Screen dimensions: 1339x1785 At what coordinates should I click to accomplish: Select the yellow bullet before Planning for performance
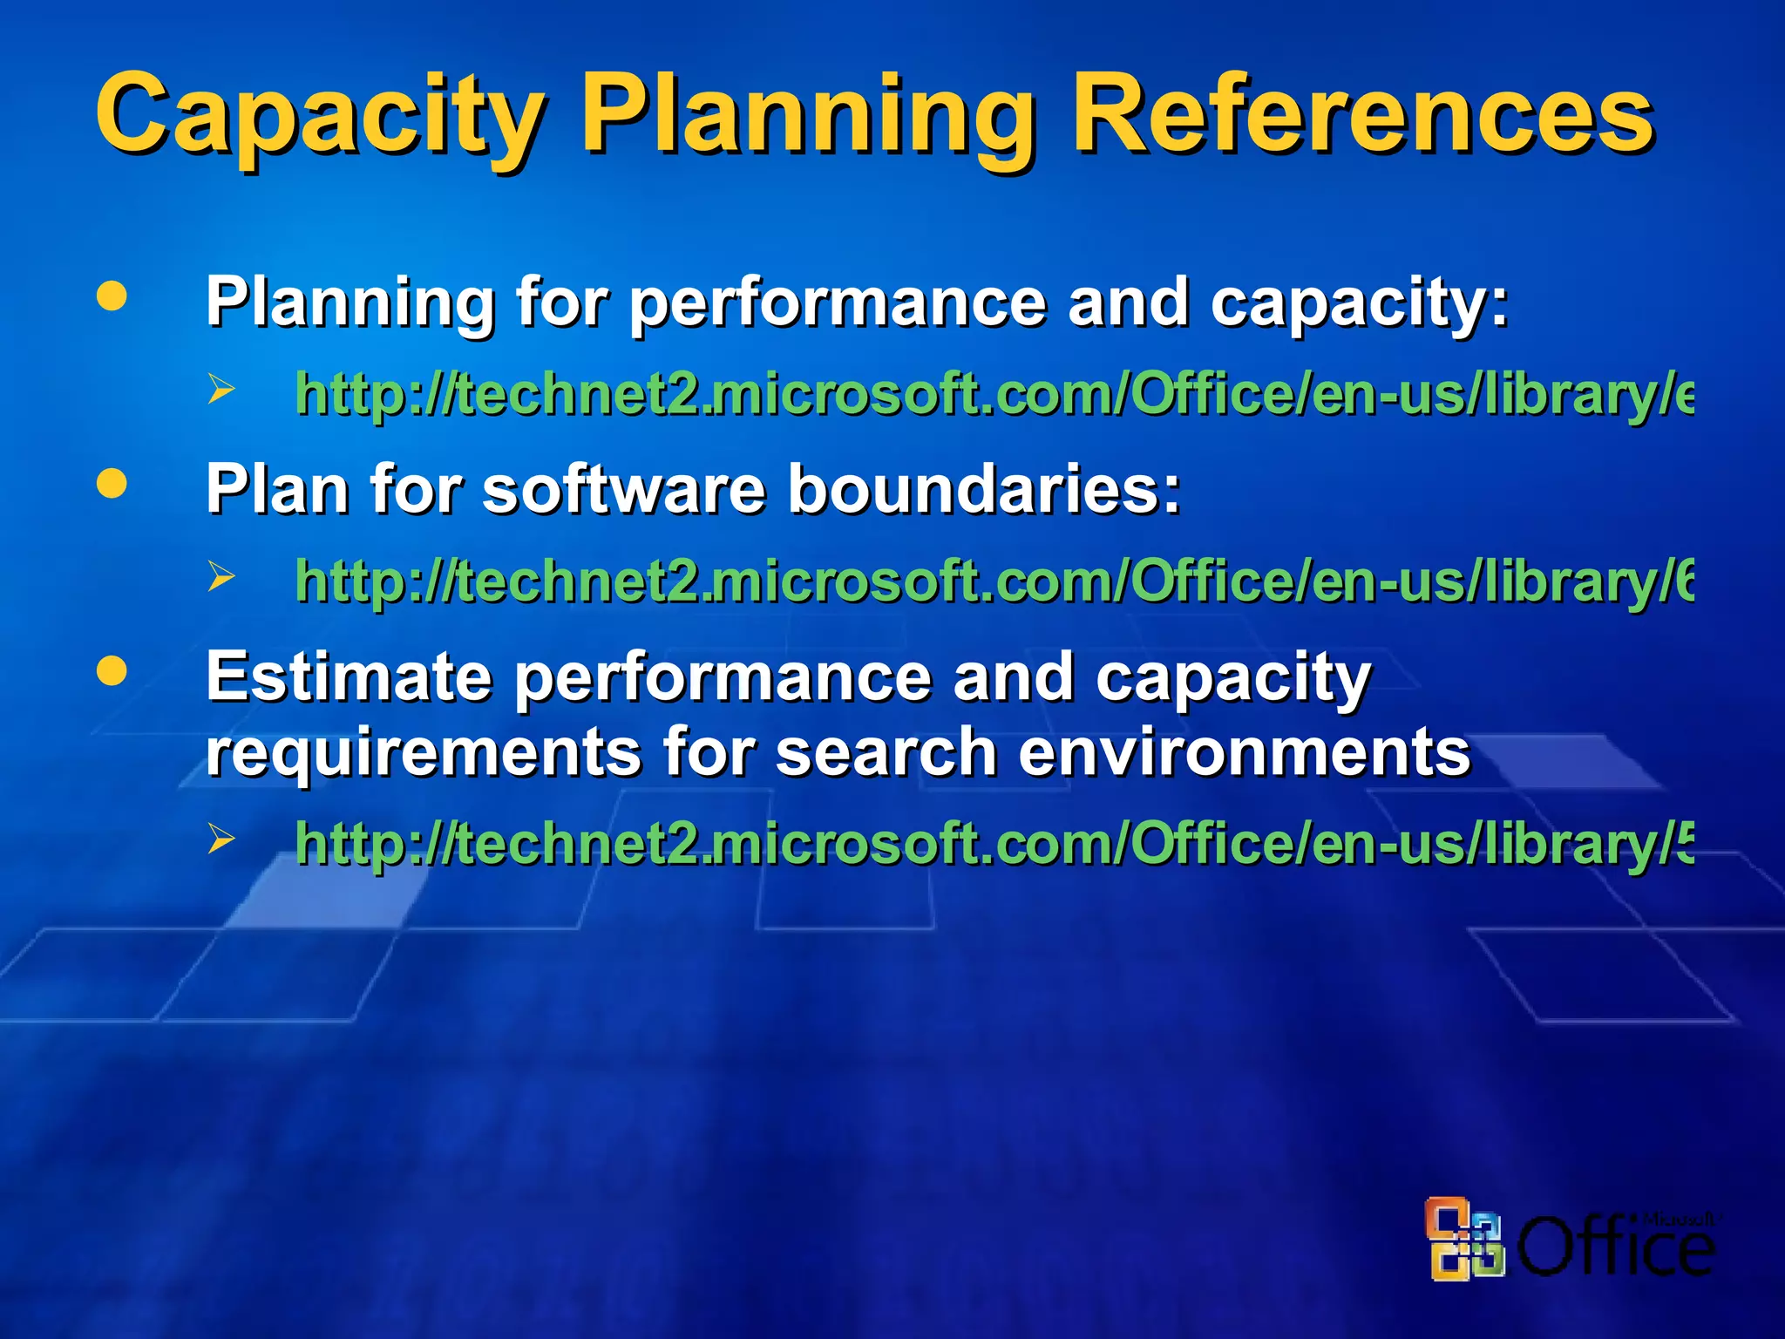coord(112,296)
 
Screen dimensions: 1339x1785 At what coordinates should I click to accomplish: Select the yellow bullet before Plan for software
coord(112,484)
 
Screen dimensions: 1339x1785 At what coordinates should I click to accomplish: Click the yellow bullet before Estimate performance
coord(112,671)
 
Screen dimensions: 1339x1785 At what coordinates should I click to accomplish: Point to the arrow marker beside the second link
coord(221,576)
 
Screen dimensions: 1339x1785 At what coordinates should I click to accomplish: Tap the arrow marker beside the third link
coord(221,839)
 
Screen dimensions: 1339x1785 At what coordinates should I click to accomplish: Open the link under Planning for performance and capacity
coord(994,394)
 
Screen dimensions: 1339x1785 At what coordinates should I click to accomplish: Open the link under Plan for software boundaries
coord(994,581)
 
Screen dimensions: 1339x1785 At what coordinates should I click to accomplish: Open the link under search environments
coord(994,844)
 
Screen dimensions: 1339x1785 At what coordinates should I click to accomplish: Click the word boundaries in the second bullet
coord(984,489)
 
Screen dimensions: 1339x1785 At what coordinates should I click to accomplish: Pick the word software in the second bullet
coord(624,489)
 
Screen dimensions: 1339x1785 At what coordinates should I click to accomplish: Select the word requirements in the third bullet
coord(423,751)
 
